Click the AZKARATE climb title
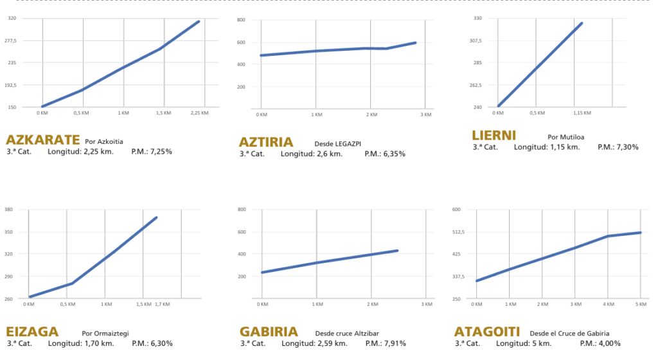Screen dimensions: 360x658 (42, 139)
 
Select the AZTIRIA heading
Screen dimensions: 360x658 (266, 142)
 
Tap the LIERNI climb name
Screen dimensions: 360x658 (493, 136)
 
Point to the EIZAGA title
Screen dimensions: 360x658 (32, 332)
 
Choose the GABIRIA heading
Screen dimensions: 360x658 (269, 332)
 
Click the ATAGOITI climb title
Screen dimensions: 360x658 (486, 332)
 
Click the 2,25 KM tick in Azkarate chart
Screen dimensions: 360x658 (200, 113)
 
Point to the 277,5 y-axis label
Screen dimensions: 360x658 (12, 40)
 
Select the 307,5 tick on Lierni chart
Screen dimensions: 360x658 (476, 40)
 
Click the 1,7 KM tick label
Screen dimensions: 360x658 (162, 303)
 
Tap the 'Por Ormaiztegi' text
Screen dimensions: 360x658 (105, 334)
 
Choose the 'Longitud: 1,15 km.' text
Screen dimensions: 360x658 (547, 147)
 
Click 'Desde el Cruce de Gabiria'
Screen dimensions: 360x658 (569, 334)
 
